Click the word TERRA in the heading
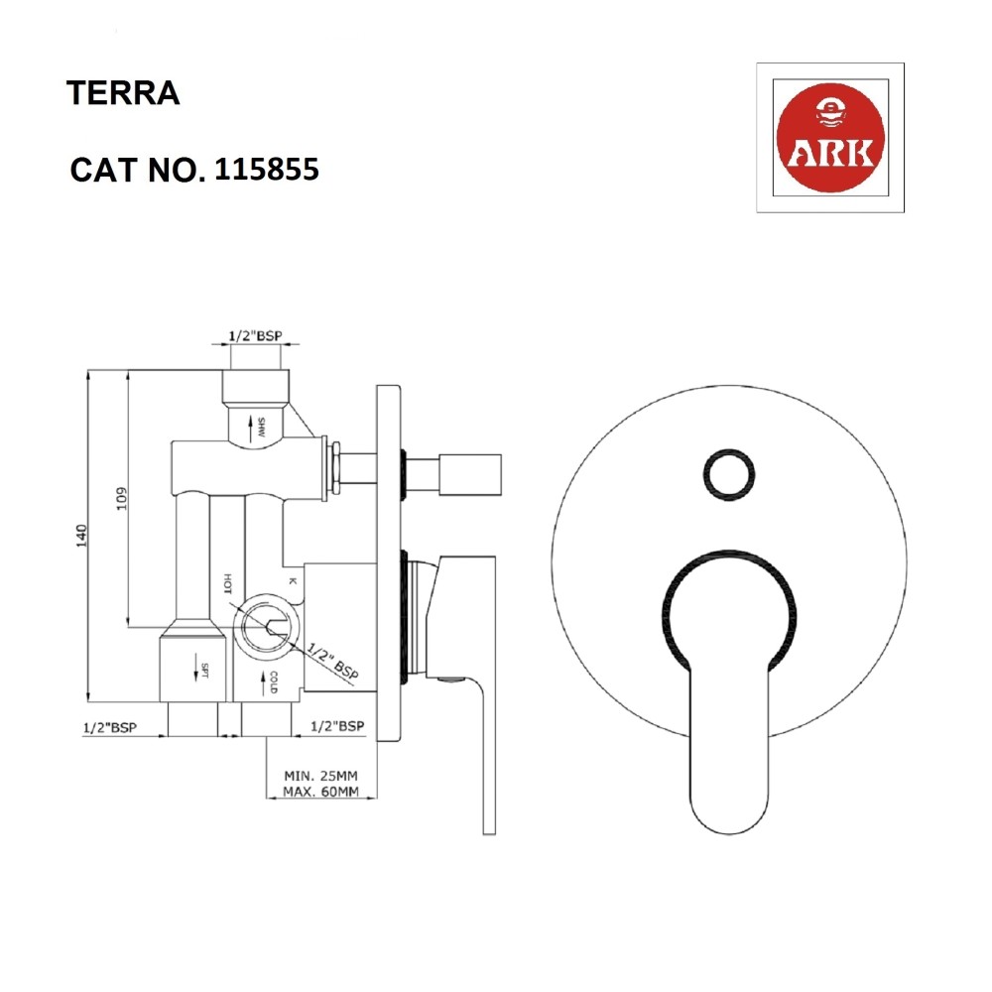122,94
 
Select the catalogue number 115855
266,170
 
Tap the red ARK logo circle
829,138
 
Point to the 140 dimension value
82,536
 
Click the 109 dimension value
121,498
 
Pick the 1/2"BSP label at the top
254,336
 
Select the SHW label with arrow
261,429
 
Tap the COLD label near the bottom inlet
273,682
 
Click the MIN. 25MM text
319,774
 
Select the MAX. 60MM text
319,791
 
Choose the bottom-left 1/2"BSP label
109,727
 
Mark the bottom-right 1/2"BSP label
337,727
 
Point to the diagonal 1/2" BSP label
331,661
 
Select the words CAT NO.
137,171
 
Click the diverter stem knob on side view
467,471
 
